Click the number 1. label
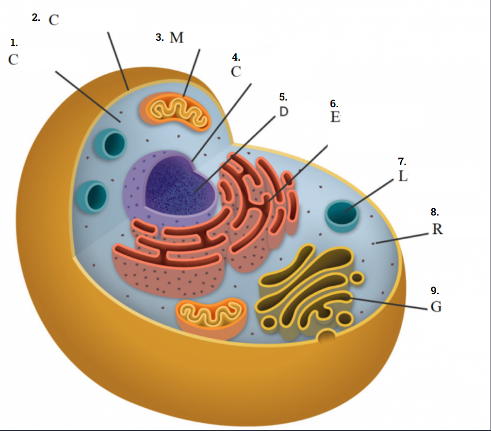coord(14,44)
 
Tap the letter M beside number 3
coord(177,38)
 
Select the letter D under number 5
coord(283,112)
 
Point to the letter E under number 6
coord(335,117)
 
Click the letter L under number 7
coord(403,176)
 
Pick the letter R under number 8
coord(437,229)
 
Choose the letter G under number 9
coord(436,307)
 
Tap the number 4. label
coord(236,57)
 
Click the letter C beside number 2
coord(53,20)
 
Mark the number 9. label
coord(435,290)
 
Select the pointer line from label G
coord(388,303)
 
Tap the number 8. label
coord(435,212)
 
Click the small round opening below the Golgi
coord(327,335)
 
